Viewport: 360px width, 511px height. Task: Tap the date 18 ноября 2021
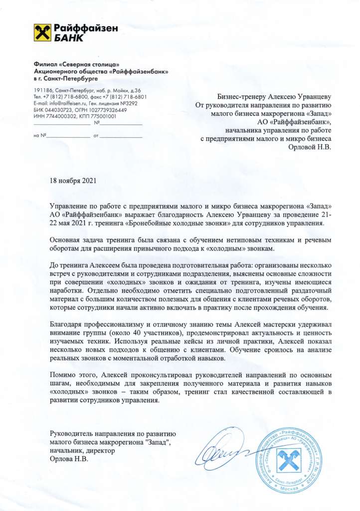(x=73, y=181)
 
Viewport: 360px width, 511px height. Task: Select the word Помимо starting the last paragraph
(x=64, y=374)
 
